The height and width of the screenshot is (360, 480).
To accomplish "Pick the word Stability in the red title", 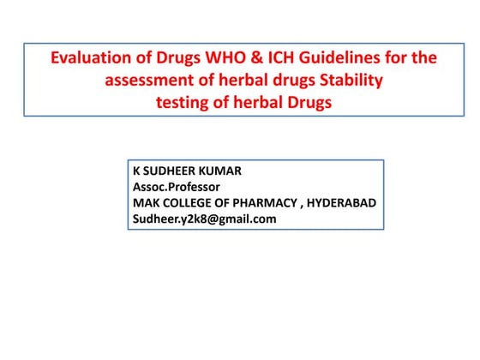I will tap(346, 81).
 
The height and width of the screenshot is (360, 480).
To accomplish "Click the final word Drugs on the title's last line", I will tap(306, 103).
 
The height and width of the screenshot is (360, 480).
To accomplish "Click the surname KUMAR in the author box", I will tap(219, 171).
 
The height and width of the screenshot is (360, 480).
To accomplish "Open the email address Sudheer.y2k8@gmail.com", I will tap(204, 219).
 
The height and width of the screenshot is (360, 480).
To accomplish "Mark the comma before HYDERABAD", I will tap(300, 206).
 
